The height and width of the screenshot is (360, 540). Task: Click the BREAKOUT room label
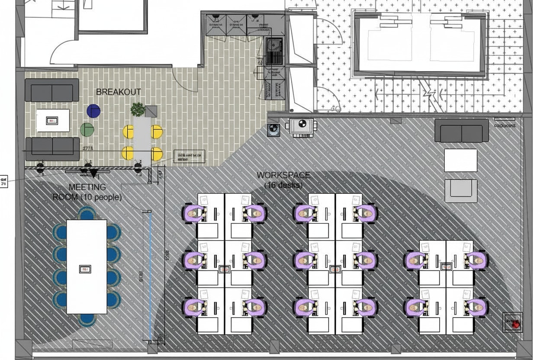(118, 92)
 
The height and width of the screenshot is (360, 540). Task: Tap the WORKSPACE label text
(283, 175)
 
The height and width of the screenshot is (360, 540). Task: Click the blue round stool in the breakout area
(93, 111)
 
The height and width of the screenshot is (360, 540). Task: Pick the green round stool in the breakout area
(87, 129)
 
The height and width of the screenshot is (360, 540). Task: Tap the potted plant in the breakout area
(138, 109)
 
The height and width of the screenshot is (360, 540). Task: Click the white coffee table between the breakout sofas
(53, 120)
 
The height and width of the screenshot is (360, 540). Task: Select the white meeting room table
(87, 267)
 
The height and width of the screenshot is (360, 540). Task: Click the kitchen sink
(273, 51)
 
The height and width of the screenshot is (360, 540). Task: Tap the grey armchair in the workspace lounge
(461, 191)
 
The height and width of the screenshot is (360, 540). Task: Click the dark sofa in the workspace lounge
(459, 131)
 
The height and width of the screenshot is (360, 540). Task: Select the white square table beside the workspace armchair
(461, 161)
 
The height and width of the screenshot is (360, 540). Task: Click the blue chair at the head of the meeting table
(87, 213)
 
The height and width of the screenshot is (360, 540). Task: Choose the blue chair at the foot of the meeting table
(87, 319)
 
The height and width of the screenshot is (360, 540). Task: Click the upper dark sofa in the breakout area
(52, 90)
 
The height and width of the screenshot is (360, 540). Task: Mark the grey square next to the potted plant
(151, 112)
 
